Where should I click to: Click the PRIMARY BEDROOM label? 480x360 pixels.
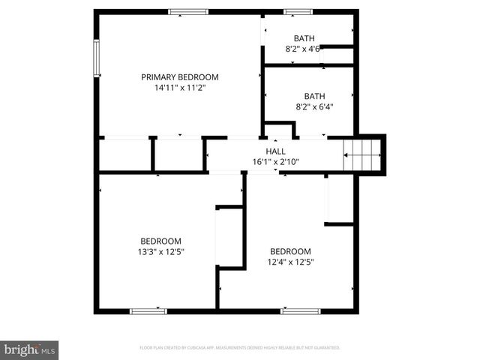point(180,76)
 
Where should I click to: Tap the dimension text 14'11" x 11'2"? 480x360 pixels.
point(180,88)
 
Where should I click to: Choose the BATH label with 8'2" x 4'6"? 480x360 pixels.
point(304,38)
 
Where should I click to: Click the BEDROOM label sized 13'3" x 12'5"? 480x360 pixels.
point(160,241)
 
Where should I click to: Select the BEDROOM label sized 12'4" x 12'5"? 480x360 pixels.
point(290,250)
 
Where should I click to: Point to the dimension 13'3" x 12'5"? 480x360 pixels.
point(160,252)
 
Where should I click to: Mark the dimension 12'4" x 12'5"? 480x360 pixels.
point(290,262)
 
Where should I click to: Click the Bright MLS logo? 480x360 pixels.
point(30,349)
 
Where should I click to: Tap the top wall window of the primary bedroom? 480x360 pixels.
point(188,11)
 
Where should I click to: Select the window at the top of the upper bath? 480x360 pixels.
point(298,11)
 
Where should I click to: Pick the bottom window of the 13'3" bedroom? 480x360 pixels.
point(148,310)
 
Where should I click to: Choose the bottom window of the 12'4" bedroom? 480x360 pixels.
point(300,310)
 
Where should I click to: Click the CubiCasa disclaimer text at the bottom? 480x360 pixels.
point(240,348)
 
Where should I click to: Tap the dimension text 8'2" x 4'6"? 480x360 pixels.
point(303,49)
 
